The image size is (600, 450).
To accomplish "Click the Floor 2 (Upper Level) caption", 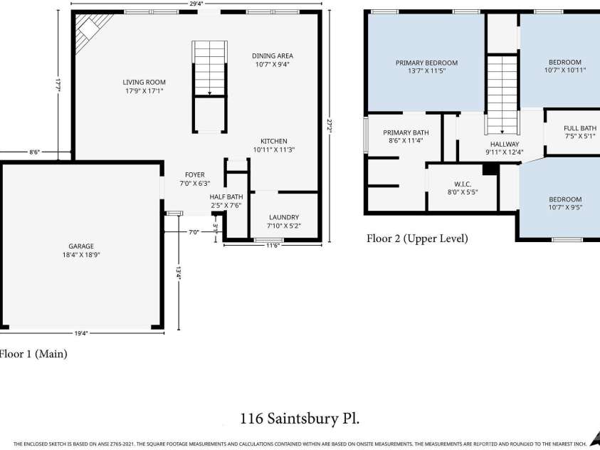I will [417, 239].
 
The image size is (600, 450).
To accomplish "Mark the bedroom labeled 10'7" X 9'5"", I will [564, 204].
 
